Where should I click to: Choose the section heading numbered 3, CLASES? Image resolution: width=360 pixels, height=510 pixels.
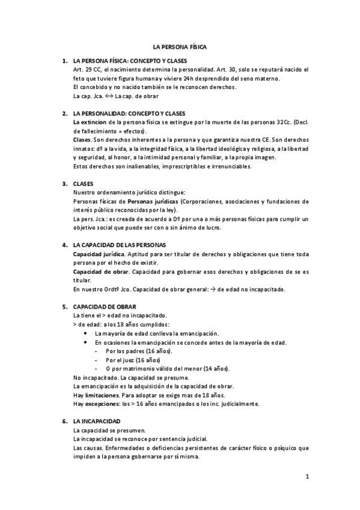[84, 183]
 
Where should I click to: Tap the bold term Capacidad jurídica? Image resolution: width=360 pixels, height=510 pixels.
[96, 254]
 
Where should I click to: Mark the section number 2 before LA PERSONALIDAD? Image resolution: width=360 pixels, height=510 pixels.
[64, 113]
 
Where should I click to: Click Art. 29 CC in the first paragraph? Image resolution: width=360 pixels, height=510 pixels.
[86, 70]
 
